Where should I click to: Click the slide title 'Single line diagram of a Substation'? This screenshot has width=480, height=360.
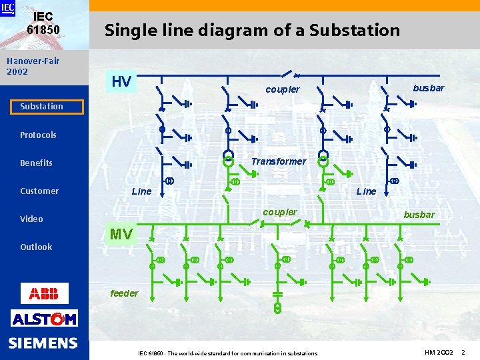click(x=252, y=30)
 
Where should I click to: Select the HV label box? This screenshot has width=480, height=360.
click(x=121, y=82)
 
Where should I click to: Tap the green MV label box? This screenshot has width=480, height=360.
click(x=121, y=234)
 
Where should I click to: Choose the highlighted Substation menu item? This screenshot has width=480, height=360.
click(x=42, y=107)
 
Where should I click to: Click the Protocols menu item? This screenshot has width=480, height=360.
click(x=38, y=135)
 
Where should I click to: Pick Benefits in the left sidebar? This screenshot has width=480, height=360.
click(x=36, y=163)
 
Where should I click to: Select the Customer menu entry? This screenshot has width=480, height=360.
click(x=39, y=191)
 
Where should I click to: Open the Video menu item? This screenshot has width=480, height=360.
click(x=31, y=219)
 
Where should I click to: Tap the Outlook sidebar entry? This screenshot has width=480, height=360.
click(x=36, y=247)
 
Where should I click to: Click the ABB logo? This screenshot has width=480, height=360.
click(x=44, y=293)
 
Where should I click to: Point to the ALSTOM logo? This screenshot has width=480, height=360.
click(x=44, y=319)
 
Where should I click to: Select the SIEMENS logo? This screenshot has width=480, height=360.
click(x=43, y=343)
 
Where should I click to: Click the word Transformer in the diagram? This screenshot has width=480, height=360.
click(x=279, y=161)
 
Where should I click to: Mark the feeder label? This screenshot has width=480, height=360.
click(x=124, y=293)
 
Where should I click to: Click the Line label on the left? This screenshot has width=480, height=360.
click(x=142, y=191)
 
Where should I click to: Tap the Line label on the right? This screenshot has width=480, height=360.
click(x=366, y=191)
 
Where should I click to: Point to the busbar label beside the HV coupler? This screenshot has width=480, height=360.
click(x=428, y=88)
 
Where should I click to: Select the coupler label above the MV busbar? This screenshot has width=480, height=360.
click(x=280, y=212)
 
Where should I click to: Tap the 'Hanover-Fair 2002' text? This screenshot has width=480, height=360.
click(x=33, y=66)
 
